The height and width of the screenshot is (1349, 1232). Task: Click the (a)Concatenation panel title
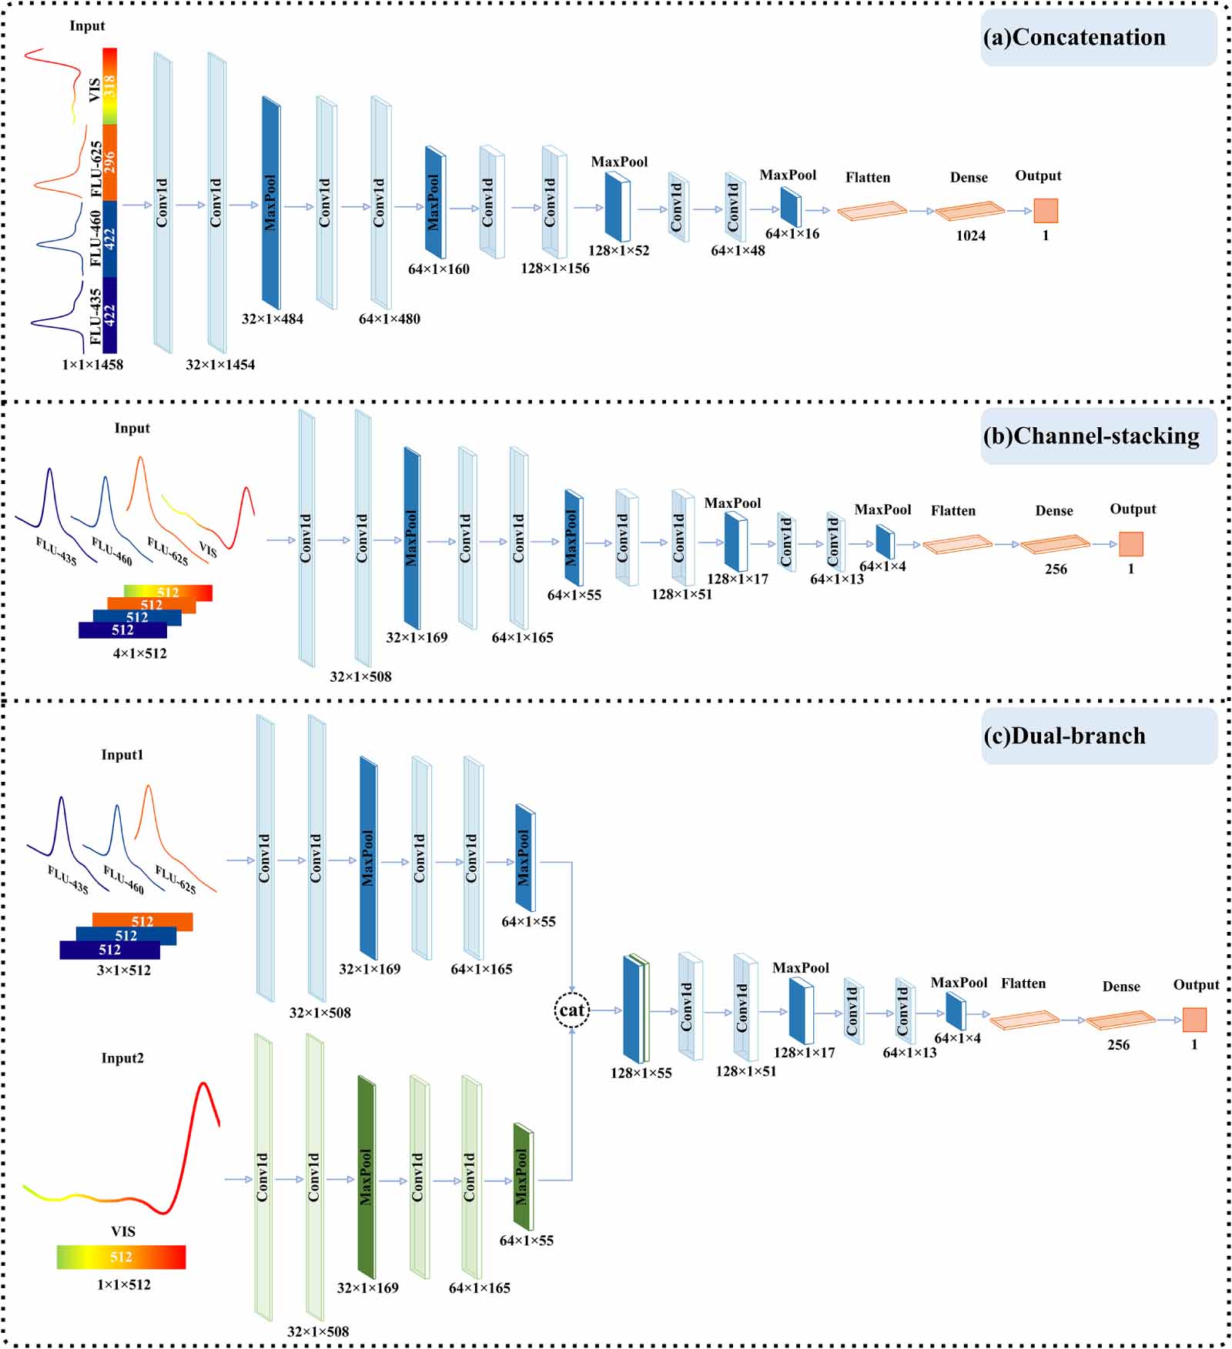[x=1074, y=38]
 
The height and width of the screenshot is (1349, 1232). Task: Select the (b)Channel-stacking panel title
[x=1091, y=436]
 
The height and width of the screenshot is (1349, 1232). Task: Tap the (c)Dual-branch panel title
[x=1064, y=736]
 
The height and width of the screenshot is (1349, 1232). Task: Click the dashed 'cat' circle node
[x=572, y=1010]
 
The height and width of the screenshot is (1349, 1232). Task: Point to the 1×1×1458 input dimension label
[x=92, y=365]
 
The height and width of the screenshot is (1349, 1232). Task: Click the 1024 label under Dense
[x=971, y=236]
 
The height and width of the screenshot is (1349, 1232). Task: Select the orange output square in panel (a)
[x=1046, y=211]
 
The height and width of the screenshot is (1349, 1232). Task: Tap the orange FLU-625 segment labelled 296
[x=109, y=162]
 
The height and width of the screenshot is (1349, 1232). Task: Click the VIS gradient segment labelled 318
[x=109, y=86]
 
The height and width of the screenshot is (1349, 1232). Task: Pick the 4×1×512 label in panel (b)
[x=139, y=654]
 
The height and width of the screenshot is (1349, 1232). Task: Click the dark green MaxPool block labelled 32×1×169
[x=367, y=1177]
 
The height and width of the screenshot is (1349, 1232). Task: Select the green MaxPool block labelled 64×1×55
[x=524, y=1177]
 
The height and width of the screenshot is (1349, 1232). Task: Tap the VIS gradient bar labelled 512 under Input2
[x=121, y=1257]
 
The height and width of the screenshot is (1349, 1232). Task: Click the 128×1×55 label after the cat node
[x=641, y=1074]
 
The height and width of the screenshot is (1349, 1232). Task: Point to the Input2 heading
[x=122, y=1058]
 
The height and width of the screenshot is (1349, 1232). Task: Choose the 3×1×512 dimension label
[x=124, y=971]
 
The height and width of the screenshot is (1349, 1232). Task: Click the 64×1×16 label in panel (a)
[x=792, y=234]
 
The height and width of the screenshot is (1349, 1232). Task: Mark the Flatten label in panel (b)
[x=953, y=511]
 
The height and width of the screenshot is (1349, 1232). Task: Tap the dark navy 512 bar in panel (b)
[x=122, y=630]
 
